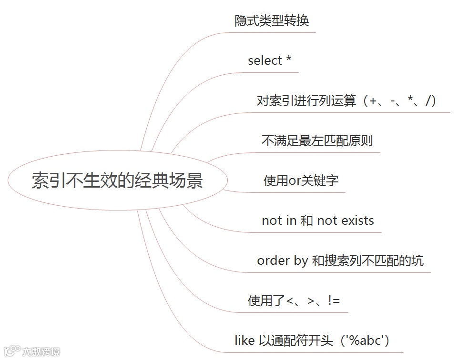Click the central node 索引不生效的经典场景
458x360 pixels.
(117, 181)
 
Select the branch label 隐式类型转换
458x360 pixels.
(272, 21)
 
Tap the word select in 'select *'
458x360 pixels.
(265, 61)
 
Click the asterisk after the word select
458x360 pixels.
(288, 60)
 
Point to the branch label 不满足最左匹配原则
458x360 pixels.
(317, 141)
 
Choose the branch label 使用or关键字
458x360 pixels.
(301, 181)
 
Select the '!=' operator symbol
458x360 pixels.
(334, 300)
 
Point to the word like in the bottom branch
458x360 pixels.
(244, 340)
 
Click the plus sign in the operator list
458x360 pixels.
(373, 101)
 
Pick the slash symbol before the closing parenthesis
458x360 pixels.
(430, 101)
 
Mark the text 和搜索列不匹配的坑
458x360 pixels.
(367, 261)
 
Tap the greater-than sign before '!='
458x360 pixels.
(312, 301)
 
